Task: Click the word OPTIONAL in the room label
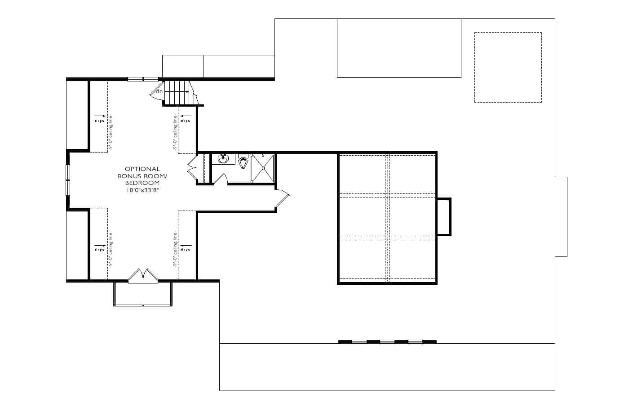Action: coord(142,169)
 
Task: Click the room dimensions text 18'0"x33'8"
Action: coord(142,190)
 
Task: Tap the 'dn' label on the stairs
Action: coord(159,92)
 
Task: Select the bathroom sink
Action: coord(223,159)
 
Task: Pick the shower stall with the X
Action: coord(262,168)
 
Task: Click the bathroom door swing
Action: coord(221,179)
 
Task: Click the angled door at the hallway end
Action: coord(282,199)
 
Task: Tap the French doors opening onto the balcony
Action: coord(143,276)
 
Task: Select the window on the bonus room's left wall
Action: coord(68,180)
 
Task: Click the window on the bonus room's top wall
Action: coord(143,79)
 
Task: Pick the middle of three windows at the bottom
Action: coord(387,342)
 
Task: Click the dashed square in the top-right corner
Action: coord(508,67)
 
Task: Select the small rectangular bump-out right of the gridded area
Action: coord(443,216)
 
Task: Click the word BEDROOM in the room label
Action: coord(142,183)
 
